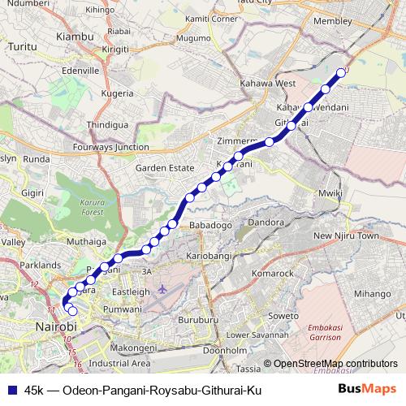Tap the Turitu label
pos(24,49)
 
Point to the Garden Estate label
pos(165,167)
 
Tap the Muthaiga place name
pos(88,241)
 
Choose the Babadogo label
pos(210,223)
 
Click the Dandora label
pos(266,221)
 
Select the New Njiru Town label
pos(346,235)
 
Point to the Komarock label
pos(272,274)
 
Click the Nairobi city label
pos(55,326)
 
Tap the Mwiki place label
pos(330,193)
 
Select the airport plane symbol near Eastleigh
pos(163,288)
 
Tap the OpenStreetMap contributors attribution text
pos(335,363)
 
